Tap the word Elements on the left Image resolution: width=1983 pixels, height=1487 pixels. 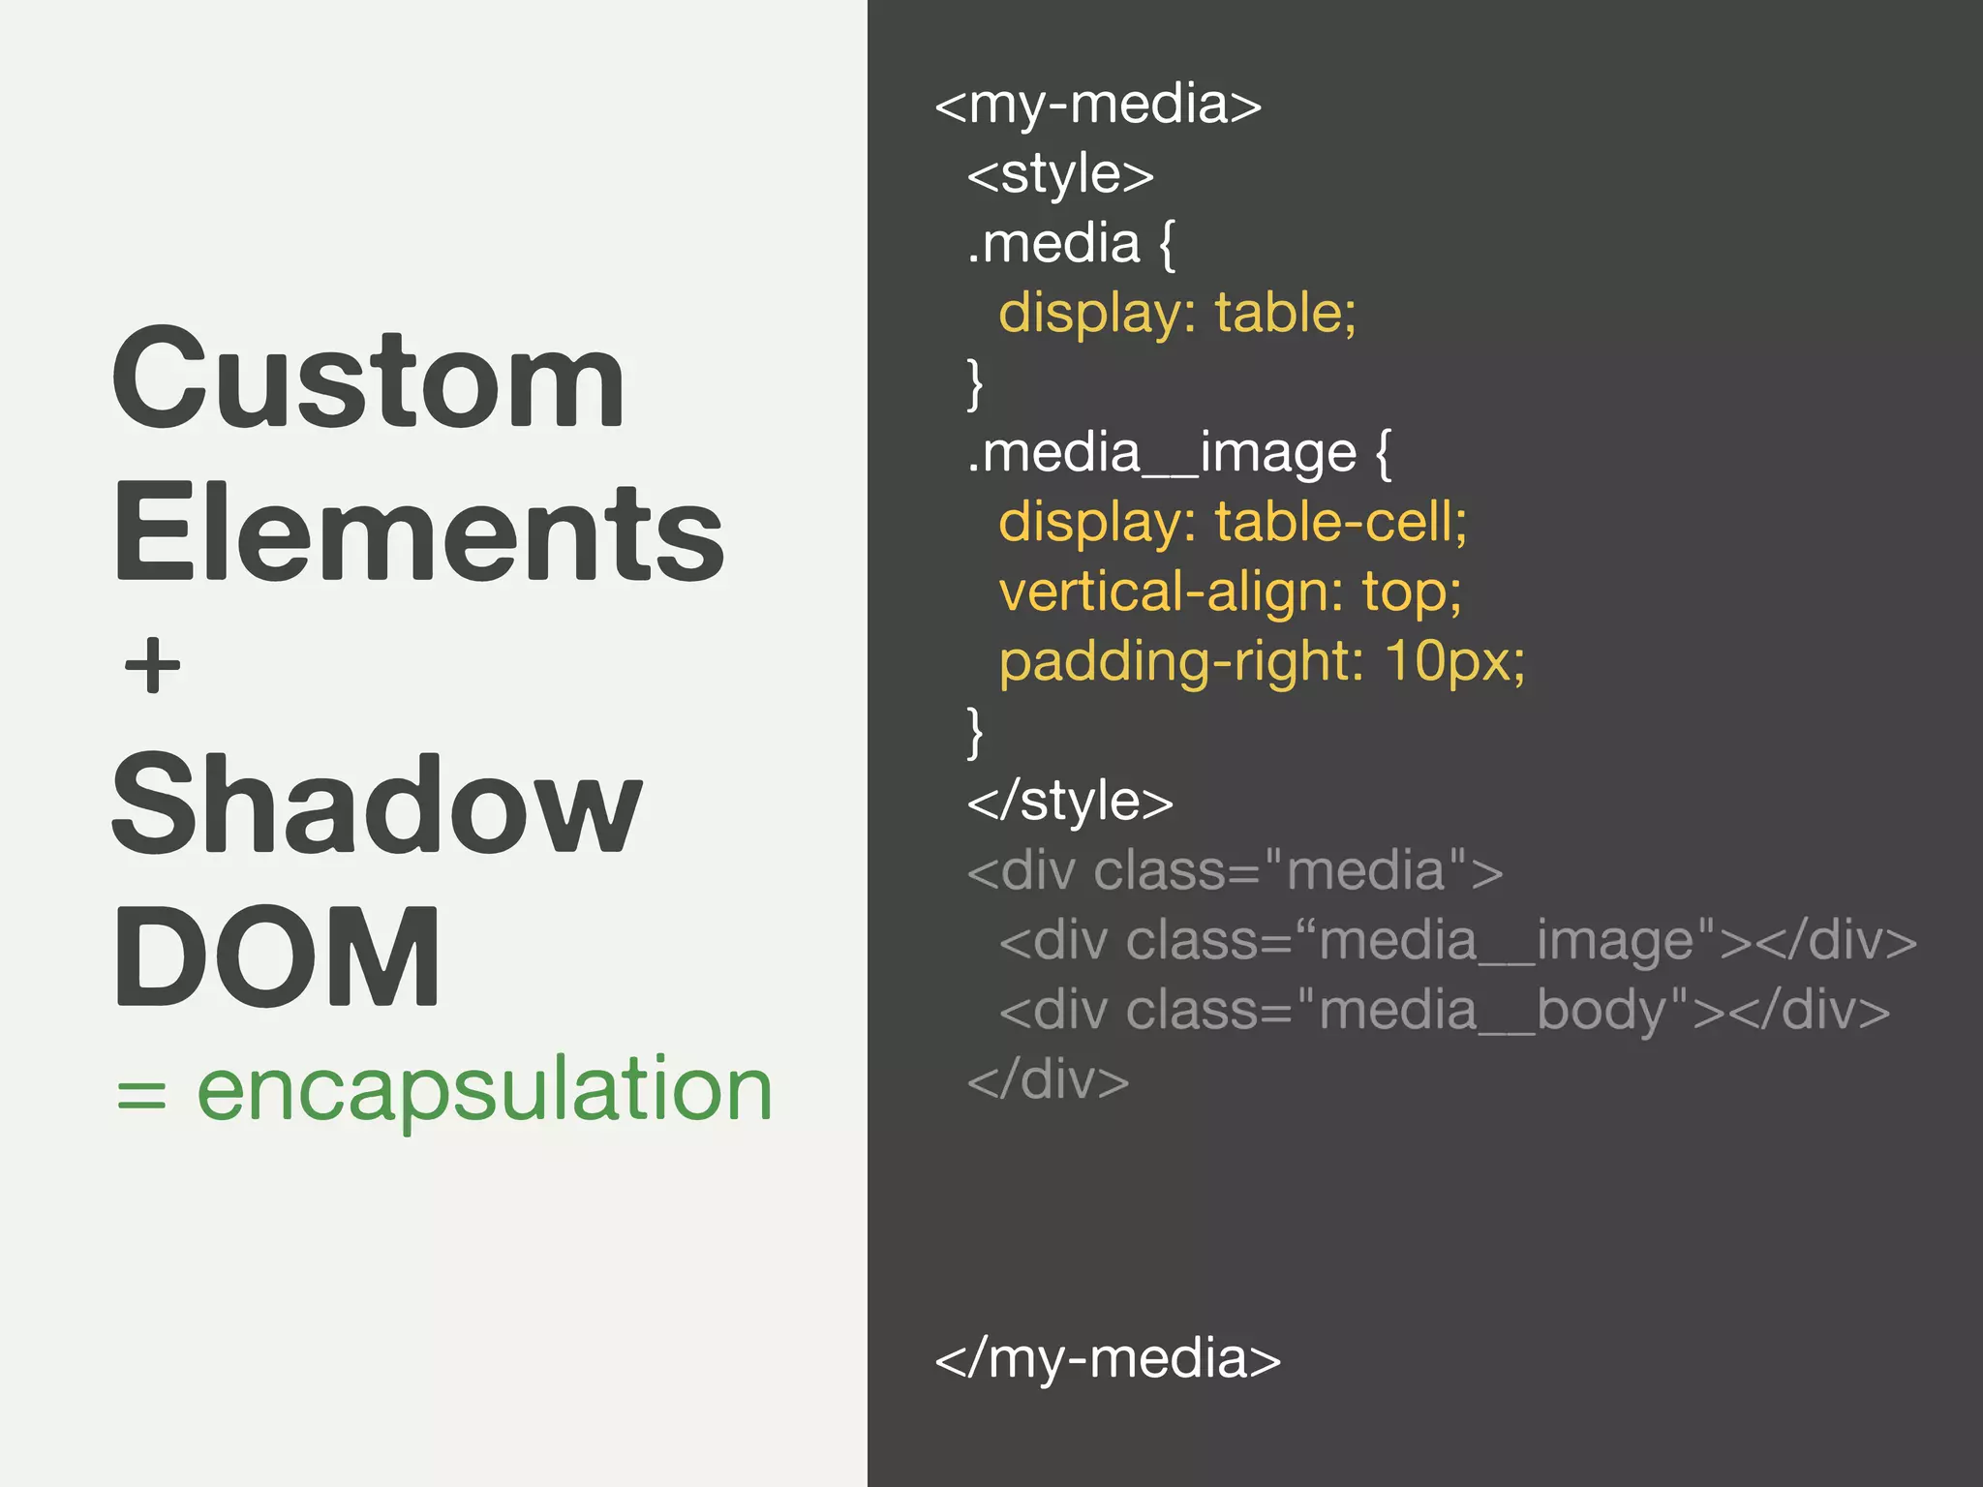tap(418, 532)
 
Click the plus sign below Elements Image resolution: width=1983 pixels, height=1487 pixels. tap(153, 666)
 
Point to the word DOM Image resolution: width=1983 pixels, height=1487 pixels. tap(277, 956)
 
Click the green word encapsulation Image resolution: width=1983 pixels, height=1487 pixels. tap(484, 1090)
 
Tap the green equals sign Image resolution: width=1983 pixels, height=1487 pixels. tap(141, 1096)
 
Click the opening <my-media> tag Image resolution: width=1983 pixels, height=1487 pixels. tap(1098, 105)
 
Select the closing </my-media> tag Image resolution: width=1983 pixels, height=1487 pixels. tap(1107, 1358)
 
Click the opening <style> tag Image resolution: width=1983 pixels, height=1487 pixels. tap(1060, 175)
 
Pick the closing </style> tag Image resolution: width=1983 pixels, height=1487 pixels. tap(1070, 802)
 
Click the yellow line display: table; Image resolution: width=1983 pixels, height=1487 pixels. tap(1177, 314)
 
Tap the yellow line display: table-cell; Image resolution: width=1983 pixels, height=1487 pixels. tap(1233, 523)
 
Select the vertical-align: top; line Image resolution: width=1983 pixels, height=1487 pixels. tap(1230, 592)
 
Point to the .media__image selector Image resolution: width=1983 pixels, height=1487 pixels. tap(1162, 453)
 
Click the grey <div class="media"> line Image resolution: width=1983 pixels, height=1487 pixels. tap(1235, 870)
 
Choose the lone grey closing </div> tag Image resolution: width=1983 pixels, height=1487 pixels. tap(1048, 1080)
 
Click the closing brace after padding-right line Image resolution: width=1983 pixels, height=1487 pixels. tap(975, 732)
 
